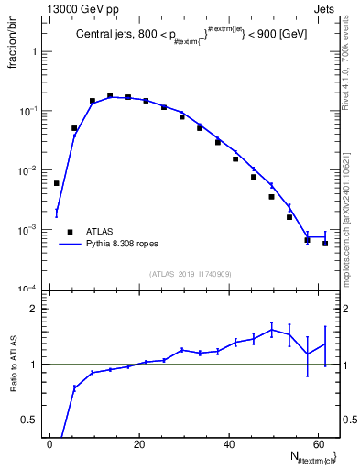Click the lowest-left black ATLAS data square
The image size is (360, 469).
(57, 183)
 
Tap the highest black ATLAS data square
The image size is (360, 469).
(110, 95)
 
